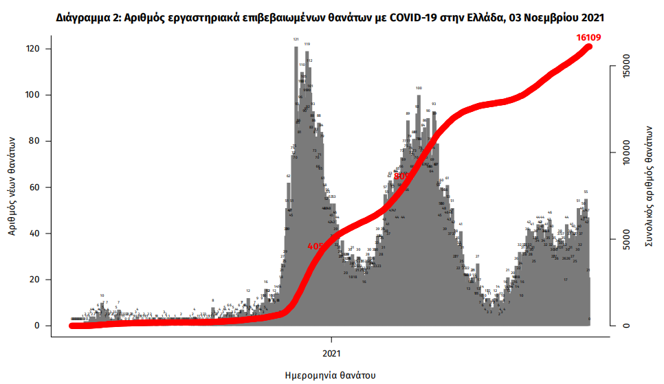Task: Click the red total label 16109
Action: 588,37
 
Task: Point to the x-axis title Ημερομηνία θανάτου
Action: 331,375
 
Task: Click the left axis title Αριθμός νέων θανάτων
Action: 12,185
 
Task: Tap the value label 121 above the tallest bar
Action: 296,40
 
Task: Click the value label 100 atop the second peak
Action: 419,88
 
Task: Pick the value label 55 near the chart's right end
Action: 586,192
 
